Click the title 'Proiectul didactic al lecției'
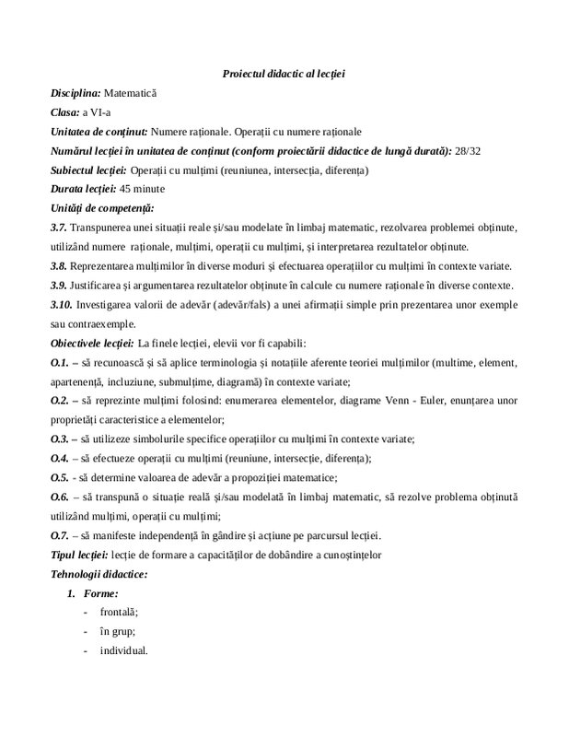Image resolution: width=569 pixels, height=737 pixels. [x=284, y=74]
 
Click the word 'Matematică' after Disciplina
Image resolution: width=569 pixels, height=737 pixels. [x=131, y=93]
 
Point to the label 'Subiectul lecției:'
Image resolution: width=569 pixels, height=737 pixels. [x=88, y=170]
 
